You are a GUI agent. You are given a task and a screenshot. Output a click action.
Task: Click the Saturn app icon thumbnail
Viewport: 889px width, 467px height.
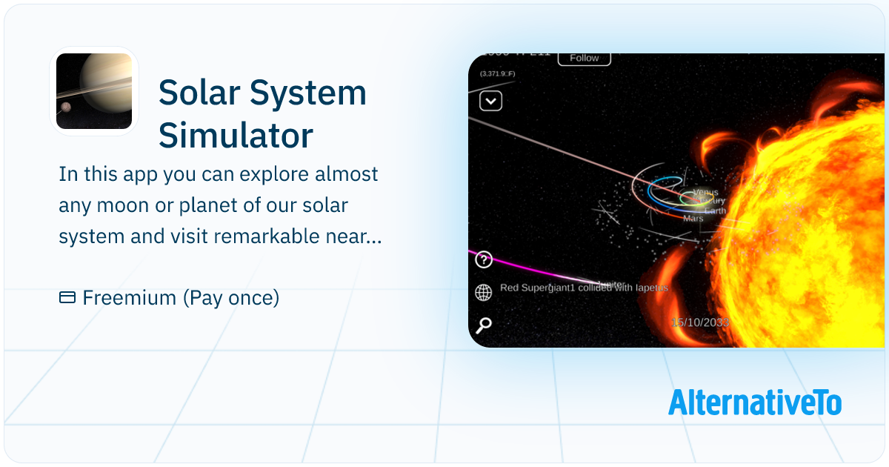coord(94,91)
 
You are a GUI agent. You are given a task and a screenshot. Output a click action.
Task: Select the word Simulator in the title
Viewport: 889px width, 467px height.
coord(236,136)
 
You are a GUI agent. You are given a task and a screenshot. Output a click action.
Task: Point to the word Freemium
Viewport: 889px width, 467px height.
coord(128,298)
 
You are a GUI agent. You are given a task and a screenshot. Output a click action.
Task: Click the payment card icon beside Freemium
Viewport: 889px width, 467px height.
coord(67,298)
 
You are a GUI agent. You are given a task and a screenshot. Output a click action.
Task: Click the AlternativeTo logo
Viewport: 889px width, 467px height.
coord(754,402)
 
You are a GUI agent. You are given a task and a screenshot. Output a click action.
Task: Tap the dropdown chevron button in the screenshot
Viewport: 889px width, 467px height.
coord(490,101)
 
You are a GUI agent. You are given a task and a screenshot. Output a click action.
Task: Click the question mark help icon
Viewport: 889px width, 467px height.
coord(484,260)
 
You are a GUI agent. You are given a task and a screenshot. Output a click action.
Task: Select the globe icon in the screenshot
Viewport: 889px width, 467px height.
coord(484,293)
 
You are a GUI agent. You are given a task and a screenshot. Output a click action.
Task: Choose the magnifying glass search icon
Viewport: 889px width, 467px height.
coord(484,325)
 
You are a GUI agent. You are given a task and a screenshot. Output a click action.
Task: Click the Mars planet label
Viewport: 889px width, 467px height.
coord(693,219)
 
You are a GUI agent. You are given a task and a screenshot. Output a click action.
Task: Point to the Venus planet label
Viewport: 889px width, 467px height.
coord(705,193)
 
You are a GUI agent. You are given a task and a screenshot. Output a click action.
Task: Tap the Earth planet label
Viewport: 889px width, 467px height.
coord(716,211)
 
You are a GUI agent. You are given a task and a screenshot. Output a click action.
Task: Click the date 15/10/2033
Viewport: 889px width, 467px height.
coord(700,322)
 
